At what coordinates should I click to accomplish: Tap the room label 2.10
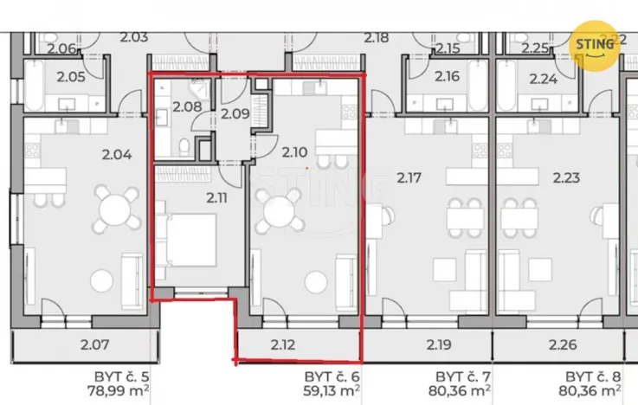pos(294,151)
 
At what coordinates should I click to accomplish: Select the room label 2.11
pos(216,197)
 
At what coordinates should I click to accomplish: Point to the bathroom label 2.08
pos(186,108)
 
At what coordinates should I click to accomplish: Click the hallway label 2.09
pos(234,112)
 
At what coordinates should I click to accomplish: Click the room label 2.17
pos(409,178)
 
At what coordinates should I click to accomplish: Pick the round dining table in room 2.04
pos(116,208)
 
